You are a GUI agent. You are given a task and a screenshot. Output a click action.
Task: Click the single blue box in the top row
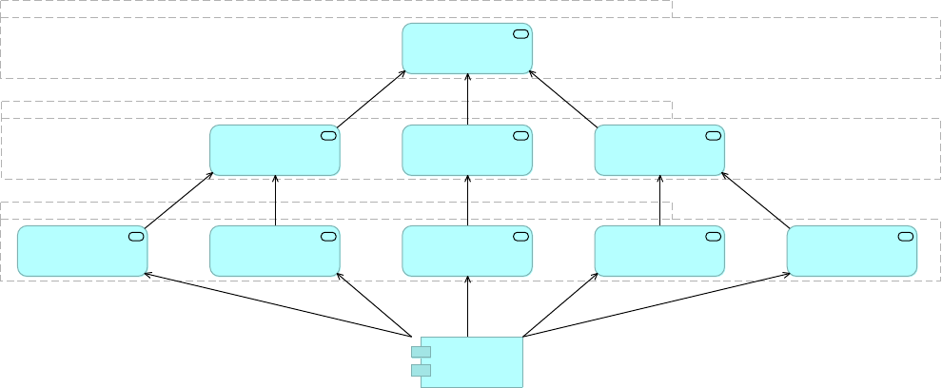pos(466,48)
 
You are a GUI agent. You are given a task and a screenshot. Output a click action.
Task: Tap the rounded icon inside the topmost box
pos(520,34)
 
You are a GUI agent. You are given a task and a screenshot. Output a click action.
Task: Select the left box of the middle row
pos(274,150)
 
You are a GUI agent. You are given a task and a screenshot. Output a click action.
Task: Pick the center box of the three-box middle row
pos(466,150)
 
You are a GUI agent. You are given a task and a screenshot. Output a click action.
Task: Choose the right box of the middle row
pos(659,150)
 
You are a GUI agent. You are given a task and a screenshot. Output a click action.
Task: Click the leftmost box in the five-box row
pos(82,251)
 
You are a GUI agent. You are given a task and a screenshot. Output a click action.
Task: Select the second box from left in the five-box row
pos(274,251)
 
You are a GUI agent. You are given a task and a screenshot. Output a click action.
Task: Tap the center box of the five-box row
pos(466,251)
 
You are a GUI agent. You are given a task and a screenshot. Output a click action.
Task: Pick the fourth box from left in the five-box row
pos(659,251)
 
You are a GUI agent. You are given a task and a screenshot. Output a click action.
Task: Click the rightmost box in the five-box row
pos(852,251)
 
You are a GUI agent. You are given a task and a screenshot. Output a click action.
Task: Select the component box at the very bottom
pos(472,361)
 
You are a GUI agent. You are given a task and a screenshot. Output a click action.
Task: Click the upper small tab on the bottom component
pos(421,352)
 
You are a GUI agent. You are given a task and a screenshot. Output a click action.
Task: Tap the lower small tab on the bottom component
pos(421,370)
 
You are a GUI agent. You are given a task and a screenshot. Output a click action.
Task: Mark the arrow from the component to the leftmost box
pos(276,305)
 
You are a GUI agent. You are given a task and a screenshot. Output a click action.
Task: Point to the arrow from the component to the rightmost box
pos(657,305)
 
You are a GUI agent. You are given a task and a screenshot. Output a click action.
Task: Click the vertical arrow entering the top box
pos(467,99)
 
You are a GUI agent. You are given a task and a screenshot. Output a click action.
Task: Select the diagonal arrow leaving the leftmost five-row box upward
pos(179,201)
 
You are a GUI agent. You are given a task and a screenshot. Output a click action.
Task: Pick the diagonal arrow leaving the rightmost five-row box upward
pos(756,201)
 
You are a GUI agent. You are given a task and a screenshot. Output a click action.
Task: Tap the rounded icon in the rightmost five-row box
pos(905,236)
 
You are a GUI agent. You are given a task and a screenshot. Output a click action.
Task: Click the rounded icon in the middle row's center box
pos(520,135)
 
